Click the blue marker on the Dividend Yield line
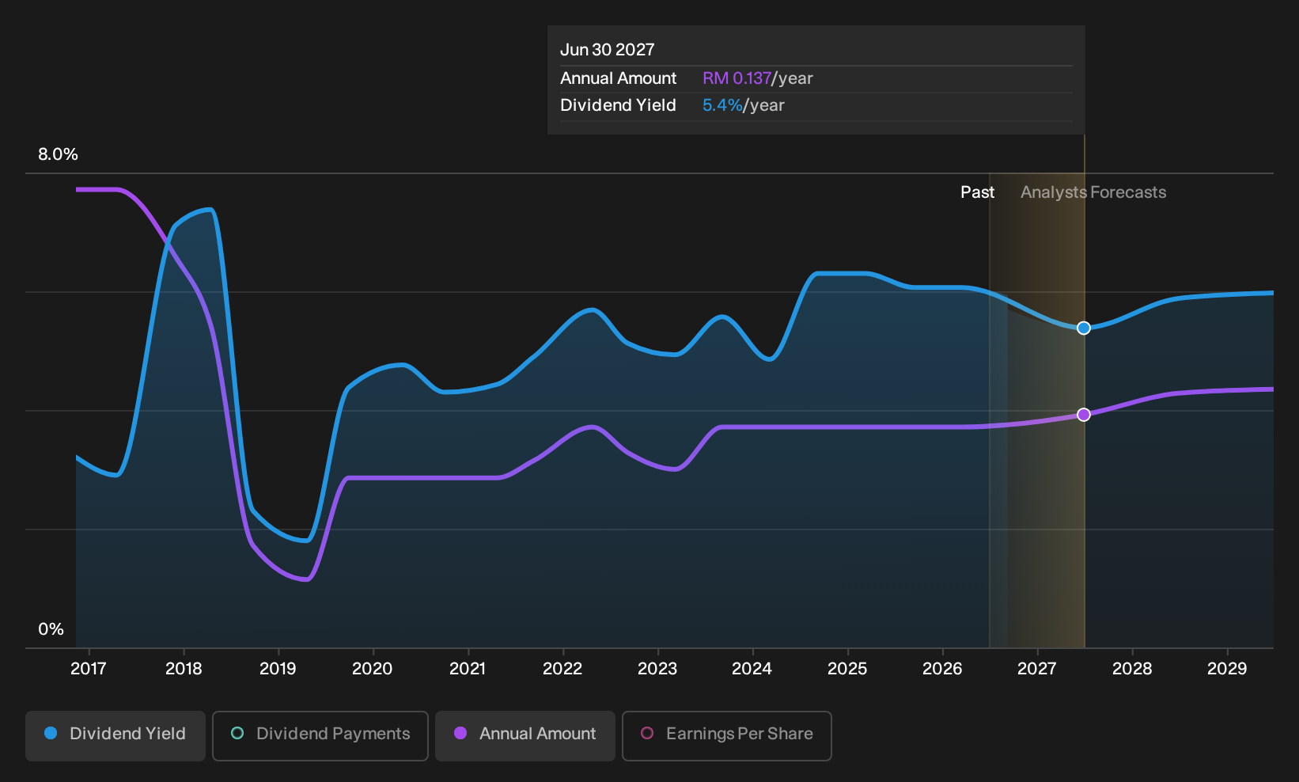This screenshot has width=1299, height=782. pos(1083,328)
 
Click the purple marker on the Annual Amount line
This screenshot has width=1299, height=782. pos(1083,415)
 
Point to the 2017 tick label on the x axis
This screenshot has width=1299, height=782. pos(88,669)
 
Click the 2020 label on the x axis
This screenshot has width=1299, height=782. pos(373,669)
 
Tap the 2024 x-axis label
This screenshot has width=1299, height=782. pos(752,669)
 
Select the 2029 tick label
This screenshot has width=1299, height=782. pos(1226,669)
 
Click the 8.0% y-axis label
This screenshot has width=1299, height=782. pos(58,154)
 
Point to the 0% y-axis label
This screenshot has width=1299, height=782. pos(51,629)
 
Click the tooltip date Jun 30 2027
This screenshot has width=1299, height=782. pos(607,50)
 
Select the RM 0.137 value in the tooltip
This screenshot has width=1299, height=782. pos(737,78)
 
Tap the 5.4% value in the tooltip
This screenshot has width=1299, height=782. pos(722,105)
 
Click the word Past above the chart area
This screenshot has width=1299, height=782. pos(977,192)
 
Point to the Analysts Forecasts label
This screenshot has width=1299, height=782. pos(1093,192)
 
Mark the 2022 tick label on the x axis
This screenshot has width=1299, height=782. pos(562,669)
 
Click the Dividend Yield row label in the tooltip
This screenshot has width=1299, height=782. pos(618,105)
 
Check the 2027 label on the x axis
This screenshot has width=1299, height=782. pos(1037,669)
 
